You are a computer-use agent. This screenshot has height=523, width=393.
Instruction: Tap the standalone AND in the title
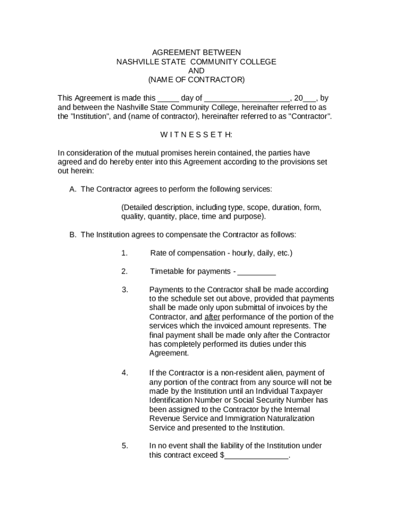196,71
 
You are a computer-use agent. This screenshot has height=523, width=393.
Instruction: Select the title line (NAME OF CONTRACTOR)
196,80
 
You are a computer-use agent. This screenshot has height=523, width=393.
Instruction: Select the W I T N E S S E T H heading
196,134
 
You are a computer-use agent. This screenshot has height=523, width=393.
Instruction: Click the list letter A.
72,189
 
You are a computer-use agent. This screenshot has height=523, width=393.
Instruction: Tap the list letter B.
72,235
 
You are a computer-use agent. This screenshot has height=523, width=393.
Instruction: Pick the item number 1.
124,253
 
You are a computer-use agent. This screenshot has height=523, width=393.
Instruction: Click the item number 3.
125,290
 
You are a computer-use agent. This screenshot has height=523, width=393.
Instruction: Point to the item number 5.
125,446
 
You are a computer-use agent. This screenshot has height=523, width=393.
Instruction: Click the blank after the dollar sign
256,456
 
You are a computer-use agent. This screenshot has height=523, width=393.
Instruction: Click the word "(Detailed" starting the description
137,208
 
